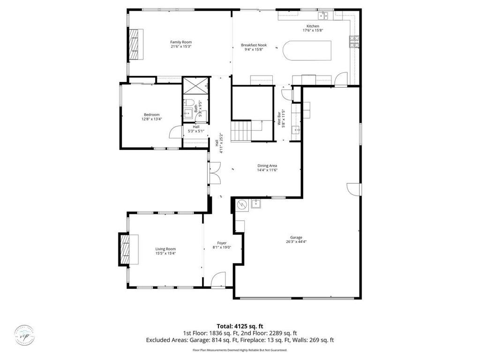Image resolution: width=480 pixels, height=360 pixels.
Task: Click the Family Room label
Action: point(180,42)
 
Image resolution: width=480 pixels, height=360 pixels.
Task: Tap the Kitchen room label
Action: point(313,26)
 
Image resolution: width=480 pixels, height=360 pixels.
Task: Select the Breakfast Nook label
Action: point(254,45)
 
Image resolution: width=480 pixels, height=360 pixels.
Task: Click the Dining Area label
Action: point(267,165)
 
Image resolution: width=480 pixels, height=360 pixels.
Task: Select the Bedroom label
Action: point(151,115)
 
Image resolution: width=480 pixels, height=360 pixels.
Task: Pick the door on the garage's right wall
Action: point(354,189)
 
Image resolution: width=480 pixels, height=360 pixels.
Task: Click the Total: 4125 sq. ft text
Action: point(240,326)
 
